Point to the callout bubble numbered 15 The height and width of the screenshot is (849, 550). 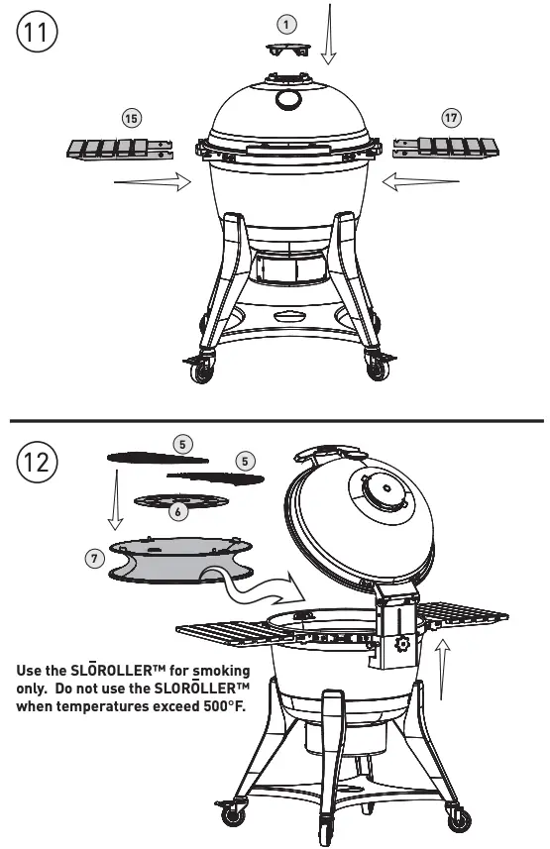click(131, 118)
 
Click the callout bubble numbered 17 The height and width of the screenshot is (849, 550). click(451, 118)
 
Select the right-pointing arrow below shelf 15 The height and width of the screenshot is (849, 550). click(153, 181)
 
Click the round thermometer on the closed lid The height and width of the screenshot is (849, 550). click(288, 100)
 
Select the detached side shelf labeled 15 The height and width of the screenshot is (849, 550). click(115, 149)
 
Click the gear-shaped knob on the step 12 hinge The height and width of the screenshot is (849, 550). click(403, 645)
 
